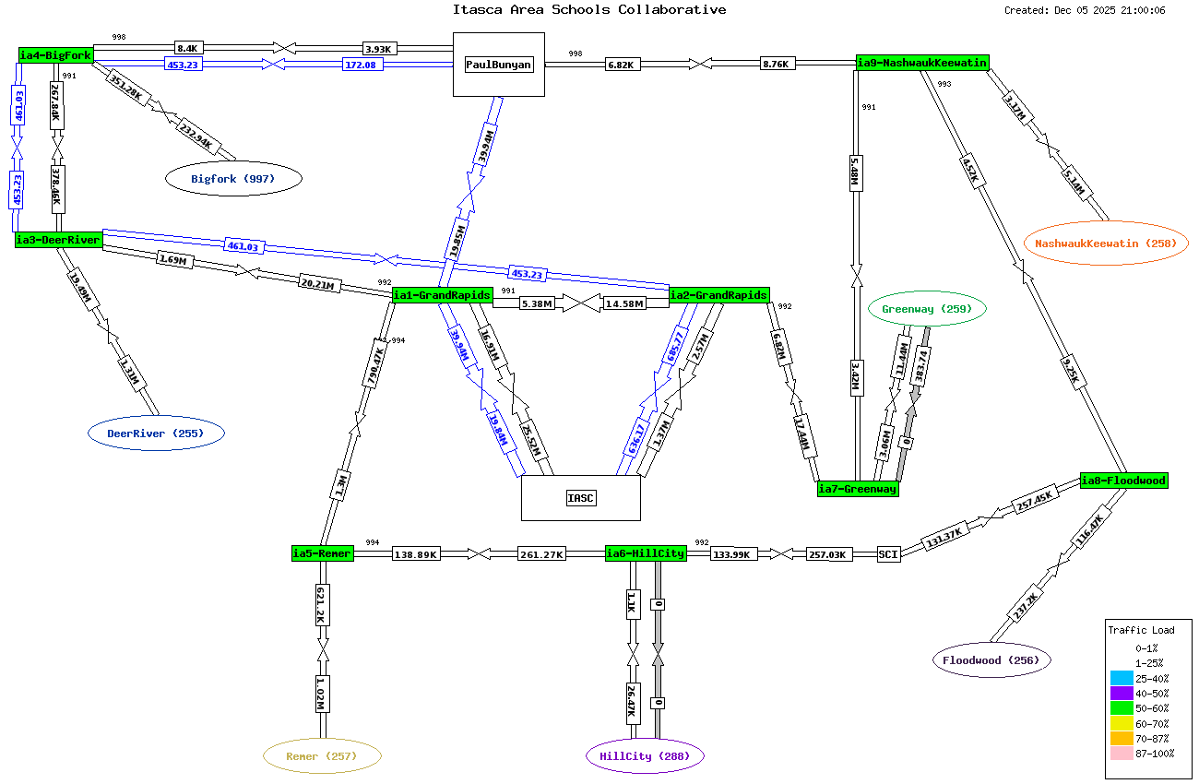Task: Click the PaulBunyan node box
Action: tap(499, 65)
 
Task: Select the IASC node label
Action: tap(581, 498)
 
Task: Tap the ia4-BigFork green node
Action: tap(55, 55)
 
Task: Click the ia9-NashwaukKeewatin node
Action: tap(922, 63)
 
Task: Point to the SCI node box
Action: tap(888, 553)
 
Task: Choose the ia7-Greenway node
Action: tap(858, 489)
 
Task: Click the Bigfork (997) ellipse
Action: tap(233, 179)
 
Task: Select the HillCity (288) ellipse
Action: tap(645, 756)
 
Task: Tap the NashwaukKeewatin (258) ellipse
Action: tap(1106, 244)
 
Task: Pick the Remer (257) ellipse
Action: tap(322, 756)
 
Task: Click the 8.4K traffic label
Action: tap(188, 48)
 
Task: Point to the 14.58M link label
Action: tap(624, 303)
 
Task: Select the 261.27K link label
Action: tap(541, 553)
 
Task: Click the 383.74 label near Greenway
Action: tap(919, 366)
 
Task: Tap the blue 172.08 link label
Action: tap(365, 65)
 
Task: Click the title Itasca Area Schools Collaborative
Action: tap(588, 10)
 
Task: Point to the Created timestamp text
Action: tap(1085, 11)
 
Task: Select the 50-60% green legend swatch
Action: tap(1122, 708)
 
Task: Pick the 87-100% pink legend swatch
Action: tap(1122, 754)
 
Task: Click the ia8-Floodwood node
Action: tap(1123, 481)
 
